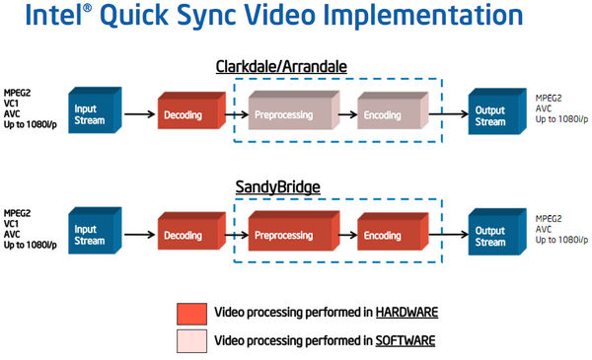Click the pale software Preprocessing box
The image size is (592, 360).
(290, 113)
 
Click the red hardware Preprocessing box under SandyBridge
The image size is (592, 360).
(290, 235)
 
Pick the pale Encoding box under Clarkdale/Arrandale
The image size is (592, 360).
(389, 113)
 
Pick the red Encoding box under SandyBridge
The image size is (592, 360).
(389, 236)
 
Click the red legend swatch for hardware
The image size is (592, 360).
(191, 314)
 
